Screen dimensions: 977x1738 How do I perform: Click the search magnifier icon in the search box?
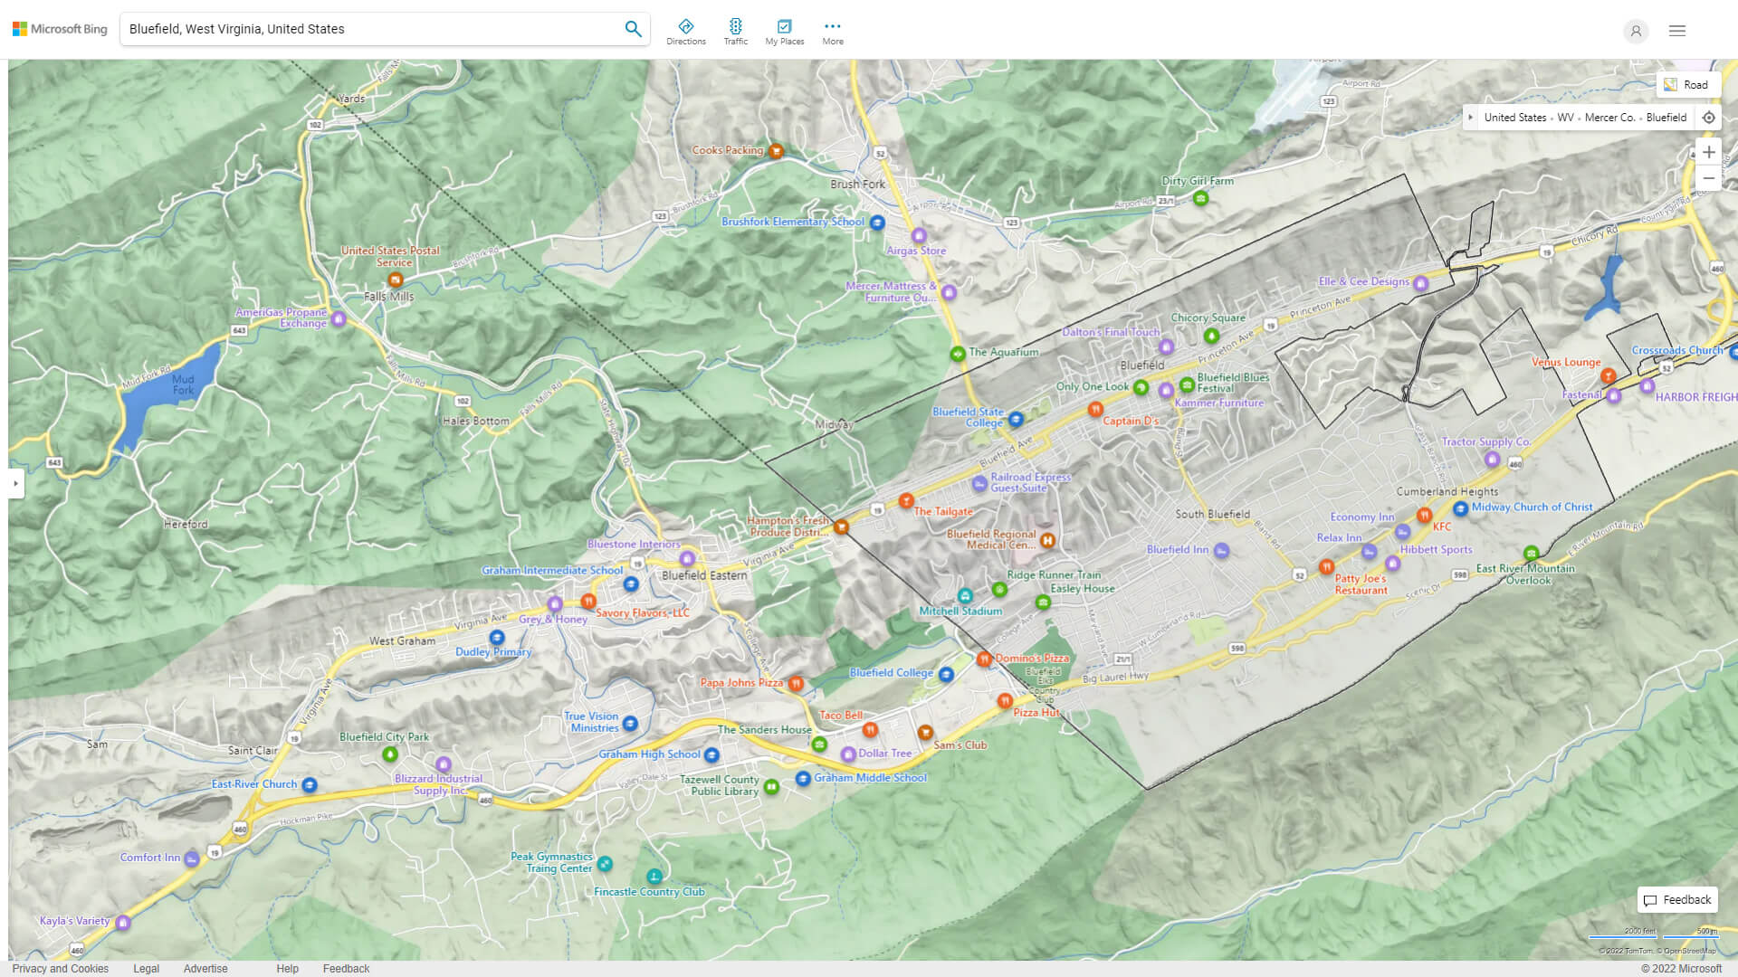(633, 29)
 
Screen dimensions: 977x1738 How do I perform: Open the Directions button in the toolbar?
(685, 32)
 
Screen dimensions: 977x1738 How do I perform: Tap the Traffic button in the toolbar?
(735, 32)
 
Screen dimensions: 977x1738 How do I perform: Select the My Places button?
(784, 32)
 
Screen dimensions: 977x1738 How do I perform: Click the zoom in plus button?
(1708, 152)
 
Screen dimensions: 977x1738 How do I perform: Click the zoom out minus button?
(1708, 178)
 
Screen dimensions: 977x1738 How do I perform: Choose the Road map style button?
(1686, 85)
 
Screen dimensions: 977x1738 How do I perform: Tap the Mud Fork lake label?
(183, 384)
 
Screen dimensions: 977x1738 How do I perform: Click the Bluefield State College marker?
(1016, 419)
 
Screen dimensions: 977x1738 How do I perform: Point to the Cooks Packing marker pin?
(776, 151)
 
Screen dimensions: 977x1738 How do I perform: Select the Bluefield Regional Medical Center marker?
(1047, 540)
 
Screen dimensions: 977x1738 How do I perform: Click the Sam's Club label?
(960, 745)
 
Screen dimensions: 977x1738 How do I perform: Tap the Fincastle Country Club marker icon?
(654, 876)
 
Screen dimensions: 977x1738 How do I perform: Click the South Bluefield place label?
(1212, 514)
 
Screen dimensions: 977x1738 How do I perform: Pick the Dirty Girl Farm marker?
(1200, 197)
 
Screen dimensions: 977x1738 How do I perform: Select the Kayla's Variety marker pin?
(123, 922)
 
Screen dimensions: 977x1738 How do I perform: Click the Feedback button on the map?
(1677, 899)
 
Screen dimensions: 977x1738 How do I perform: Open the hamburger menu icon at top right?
(1676, 31)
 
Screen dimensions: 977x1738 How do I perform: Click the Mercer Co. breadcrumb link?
(1609, 118)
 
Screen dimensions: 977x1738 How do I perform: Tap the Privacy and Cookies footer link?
(61, 968)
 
